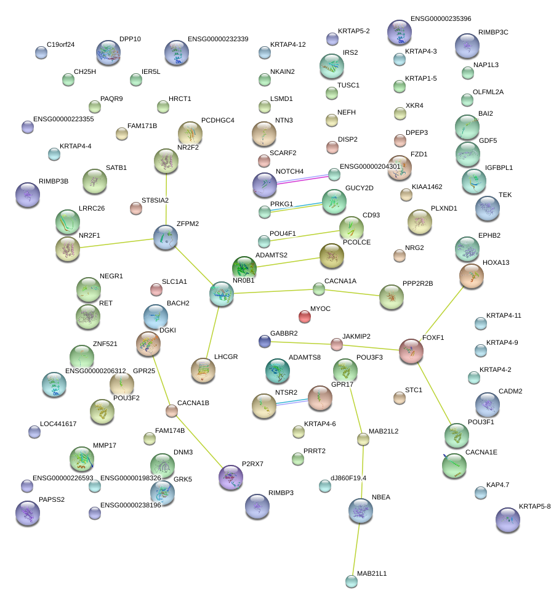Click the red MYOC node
[x=305, y=317]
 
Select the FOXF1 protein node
[x=411, y=351]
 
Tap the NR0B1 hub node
[x=222, y=294]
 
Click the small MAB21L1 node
[x=351, y=581]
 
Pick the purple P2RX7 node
[x=231, y=477]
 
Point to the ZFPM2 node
[x=166, y=238]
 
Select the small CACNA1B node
[x=172, y=411]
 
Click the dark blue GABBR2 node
[x=265, y=341]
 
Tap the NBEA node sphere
[x=361, y=510]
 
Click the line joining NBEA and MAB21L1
[x=356, y=546]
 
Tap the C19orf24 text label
[x=60, y=44]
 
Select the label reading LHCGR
[x=225, y=357]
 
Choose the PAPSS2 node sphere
[x=27, y=514]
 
